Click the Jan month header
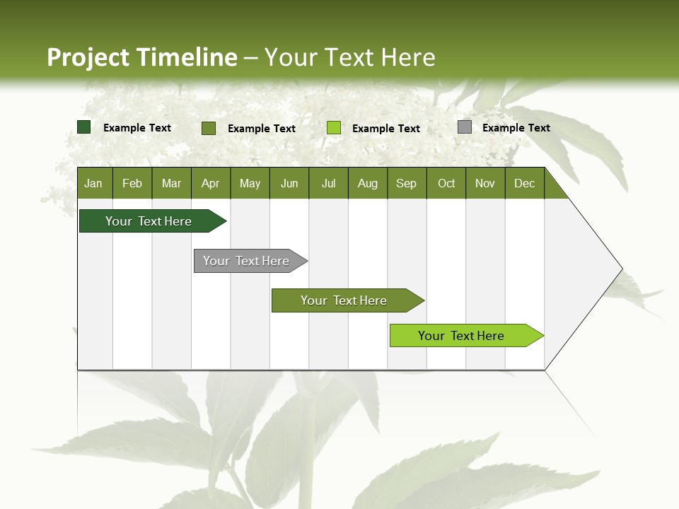(x=93, y=183)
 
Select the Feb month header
(x=132, y=183)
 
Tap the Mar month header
(x=171, y=183)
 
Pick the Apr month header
(x=211, y=183)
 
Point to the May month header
(x=250, y=183)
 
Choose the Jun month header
(x=289, y=183)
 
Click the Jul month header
(x=328, y=183)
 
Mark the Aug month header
(x=368, y=183)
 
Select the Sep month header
(x=407, y=183)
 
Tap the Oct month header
(x=446, y=183)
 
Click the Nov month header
(x=485, y=183)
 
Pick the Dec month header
(x=525, y=183)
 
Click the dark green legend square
(x=84, y=127)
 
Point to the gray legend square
(x=465, y=127)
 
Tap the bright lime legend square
(x=334, y=128)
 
